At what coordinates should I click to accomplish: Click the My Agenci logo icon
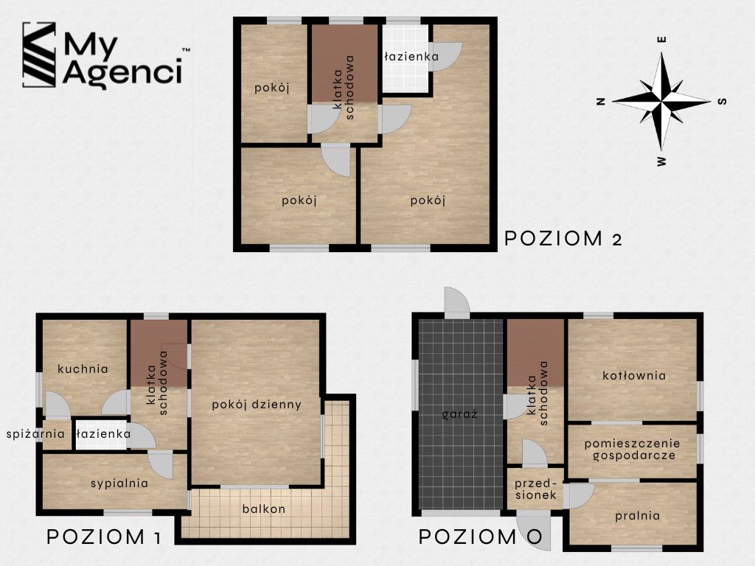click(x=39, y=55)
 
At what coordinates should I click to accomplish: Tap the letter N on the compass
click(x=600, y=101)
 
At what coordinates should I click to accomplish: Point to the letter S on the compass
click(x=722, y=101)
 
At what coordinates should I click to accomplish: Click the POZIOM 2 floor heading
click(x=563, y=238)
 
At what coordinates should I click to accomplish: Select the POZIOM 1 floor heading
click(x=103, y=537)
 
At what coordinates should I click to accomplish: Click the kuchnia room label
click(x=83, y=368)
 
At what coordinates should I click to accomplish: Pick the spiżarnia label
click(x=35, y=434)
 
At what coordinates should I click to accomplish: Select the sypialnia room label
click(x=119, y=483)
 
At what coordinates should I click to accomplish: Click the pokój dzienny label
click(x=257, y=405)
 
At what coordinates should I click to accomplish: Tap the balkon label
click(x=264, y=509)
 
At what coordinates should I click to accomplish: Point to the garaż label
click(x=460, y=414)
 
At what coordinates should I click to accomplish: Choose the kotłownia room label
click(x=634, y=375)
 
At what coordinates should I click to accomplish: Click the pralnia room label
click(x=638, y=516)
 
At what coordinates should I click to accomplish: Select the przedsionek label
click(x=536, y=489)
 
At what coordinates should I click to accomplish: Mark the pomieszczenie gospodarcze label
click(x=633, y=450)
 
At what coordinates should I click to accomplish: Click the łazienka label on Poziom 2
click(x=411, y=56)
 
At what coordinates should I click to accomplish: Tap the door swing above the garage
click(x=456, y=303)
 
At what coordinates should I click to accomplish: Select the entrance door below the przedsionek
click(x=534, y=529)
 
